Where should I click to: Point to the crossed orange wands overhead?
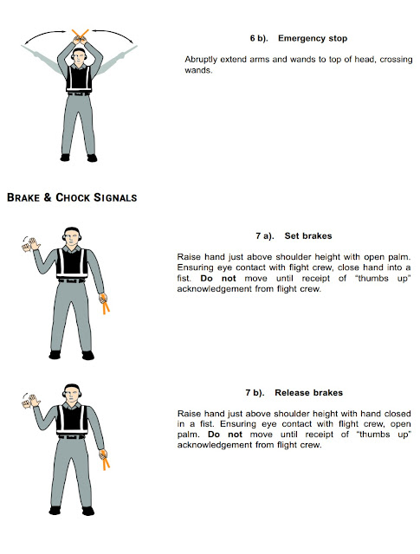click(x=80, y=36)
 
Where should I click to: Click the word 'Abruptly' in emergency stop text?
click(x=202, y=59)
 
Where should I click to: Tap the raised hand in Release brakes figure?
click(x=32, y=403)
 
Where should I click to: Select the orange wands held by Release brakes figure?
click(x=107, y=459)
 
